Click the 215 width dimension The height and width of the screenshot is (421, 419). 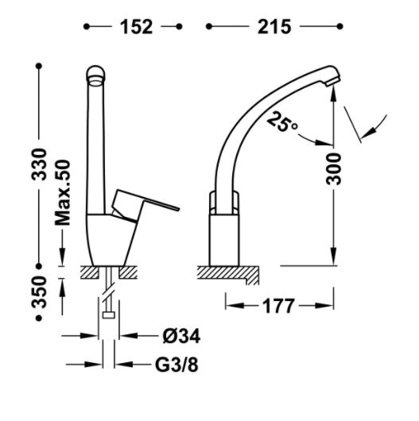[x=273, y=28]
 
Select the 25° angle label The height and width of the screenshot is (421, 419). [x=283, y=122]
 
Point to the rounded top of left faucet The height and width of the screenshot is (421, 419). [x=96, y=74]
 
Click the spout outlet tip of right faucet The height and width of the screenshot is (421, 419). [x=332, y=79]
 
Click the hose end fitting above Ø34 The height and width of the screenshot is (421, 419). [x=107, y=315]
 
